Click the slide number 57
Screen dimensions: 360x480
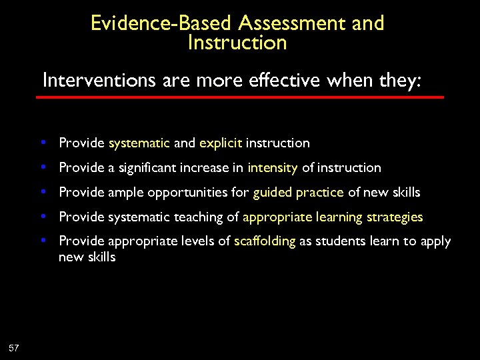click(14, 347)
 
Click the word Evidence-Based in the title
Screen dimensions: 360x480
click(162, 23)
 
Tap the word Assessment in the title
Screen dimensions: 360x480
click(291, 23)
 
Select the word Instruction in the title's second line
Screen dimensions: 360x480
click(237, 43)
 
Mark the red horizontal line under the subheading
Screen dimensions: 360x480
click(240, 97)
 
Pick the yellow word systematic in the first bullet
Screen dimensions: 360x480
click(139, 143)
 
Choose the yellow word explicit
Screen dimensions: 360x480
click(221, 143)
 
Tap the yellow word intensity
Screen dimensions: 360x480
click(272, 168)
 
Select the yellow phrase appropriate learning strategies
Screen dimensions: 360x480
click(333, 217)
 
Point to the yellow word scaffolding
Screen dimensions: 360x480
click(265, 241)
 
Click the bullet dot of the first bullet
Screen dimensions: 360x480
click(43, 143)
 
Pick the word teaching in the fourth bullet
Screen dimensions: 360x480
click(200, 217)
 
